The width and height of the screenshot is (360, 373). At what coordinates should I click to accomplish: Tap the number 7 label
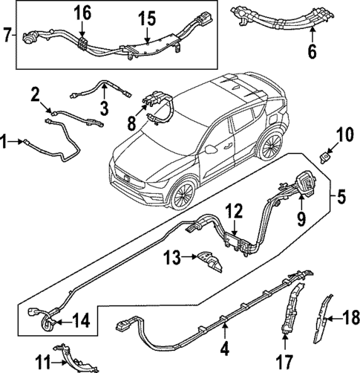[x=7, y=34]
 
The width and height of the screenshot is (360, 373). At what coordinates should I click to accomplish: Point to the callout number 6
[x=312, y=51]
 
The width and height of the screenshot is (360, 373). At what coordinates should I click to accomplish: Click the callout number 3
[x=104, y=109]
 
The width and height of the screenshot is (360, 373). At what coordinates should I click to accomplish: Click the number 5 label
[x=342, y=198]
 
